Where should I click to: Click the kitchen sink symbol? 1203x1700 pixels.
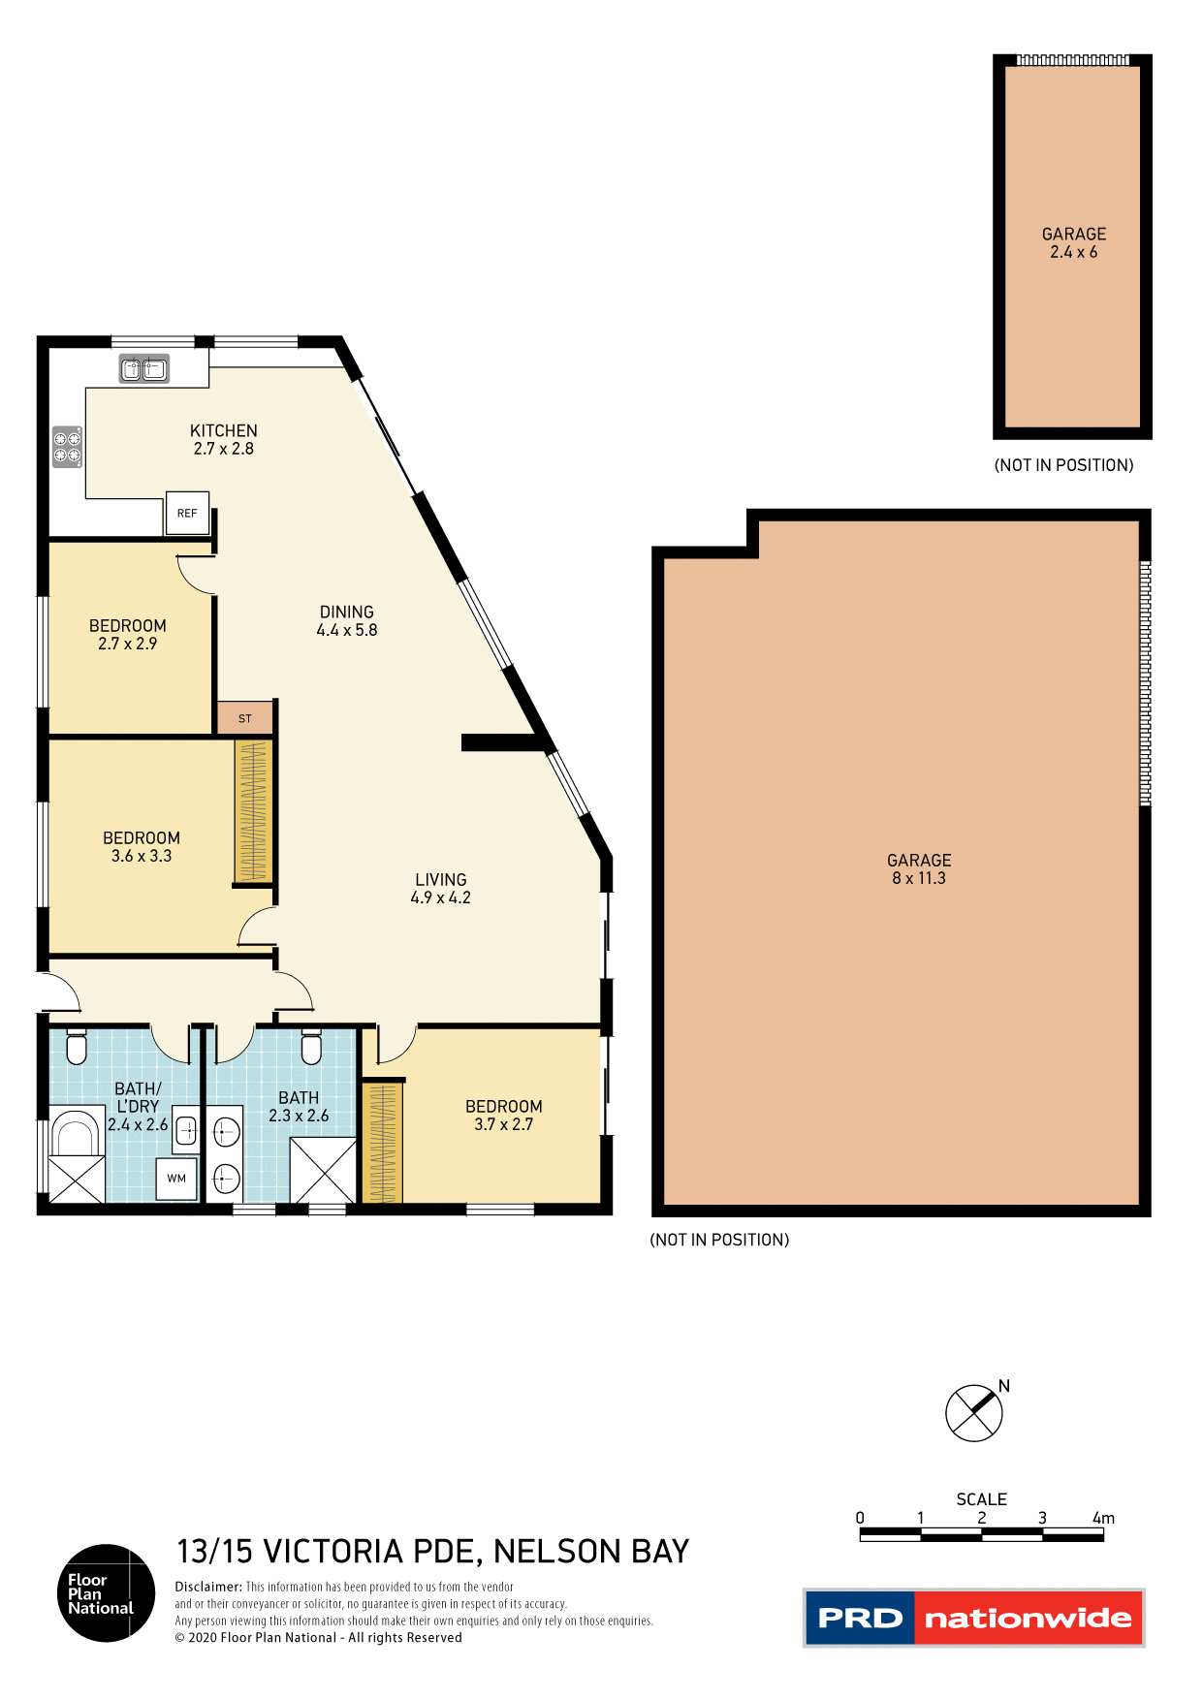[x=143, y=369]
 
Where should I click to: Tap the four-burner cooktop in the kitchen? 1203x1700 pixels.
[x=67, y=447]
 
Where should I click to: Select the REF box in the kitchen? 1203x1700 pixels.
[x=187, y=514]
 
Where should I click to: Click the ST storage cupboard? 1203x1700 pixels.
[x=244, y=718]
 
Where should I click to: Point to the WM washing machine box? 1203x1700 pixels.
[x=176, y=1179]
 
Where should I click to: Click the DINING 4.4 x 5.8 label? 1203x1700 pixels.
[x=347, y=620]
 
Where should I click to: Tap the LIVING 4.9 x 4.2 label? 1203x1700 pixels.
[x=441, y=889]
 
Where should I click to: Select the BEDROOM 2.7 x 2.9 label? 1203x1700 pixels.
[x=128, y=635]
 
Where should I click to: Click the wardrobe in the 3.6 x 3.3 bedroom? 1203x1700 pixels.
[x=252, y=811]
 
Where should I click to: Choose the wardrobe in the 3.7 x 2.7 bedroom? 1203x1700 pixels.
[x=383, y=1143]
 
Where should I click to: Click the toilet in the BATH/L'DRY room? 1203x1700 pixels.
[x=77, y=1049]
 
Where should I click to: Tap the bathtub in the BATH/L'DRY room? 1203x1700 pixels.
[x=76, y=1133]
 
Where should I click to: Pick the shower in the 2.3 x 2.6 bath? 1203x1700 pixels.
[x=324, y=1171]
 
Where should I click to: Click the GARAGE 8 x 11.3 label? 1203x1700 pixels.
[x=919, y=869]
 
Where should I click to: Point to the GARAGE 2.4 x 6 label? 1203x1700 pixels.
[x=1074, y=243]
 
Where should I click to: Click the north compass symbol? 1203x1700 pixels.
[x=974, y=1413]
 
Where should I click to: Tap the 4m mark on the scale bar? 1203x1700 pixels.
[x=1103, y=1520]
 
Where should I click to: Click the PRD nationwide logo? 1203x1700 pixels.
[x=974, y=1618]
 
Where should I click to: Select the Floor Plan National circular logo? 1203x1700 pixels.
[x=106, y=1593]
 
